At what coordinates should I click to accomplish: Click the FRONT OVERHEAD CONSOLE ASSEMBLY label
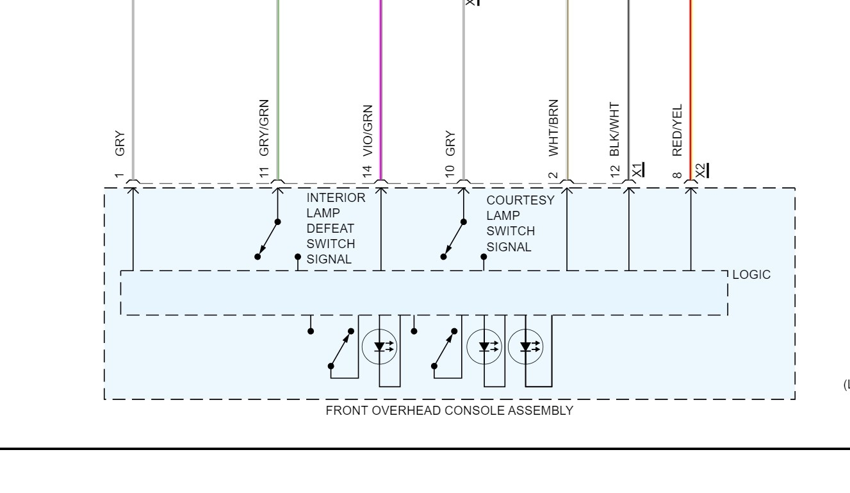(449, 411)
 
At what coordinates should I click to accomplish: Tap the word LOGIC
(751, 275)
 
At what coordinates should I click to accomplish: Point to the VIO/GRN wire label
(368, 131)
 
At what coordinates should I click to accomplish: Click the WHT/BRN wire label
(554, 128)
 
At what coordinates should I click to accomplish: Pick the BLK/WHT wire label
(616, 130)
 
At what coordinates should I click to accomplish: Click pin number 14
(368, 171)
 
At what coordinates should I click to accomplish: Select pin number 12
(616, 171)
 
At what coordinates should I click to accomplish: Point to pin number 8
(678, 172)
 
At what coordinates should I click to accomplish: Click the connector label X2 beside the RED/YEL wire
(701, 170)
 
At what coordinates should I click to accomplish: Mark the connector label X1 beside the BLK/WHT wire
(637, 170)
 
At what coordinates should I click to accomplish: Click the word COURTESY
(520, 200)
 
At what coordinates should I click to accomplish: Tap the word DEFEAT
(330, 229)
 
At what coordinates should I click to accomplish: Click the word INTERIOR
(336, 198)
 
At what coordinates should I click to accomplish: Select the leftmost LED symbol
(380, 347)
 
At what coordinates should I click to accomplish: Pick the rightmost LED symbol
(526, 347)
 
